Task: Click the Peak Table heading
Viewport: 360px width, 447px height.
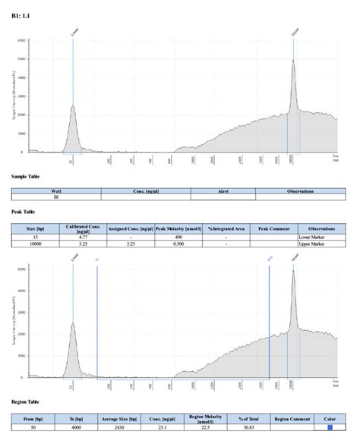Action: pos(24,212)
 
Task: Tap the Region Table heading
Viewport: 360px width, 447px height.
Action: pos(27,401)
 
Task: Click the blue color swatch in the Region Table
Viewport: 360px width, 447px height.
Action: pos(330,428)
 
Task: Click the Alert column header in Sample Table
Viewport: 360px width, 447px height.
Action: pos(223,190)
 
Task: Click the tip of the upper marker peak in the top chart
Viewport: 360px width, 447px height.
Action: pos(294,61)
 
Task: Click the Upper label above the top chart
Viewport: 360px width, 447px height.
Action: pos(294,32)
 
